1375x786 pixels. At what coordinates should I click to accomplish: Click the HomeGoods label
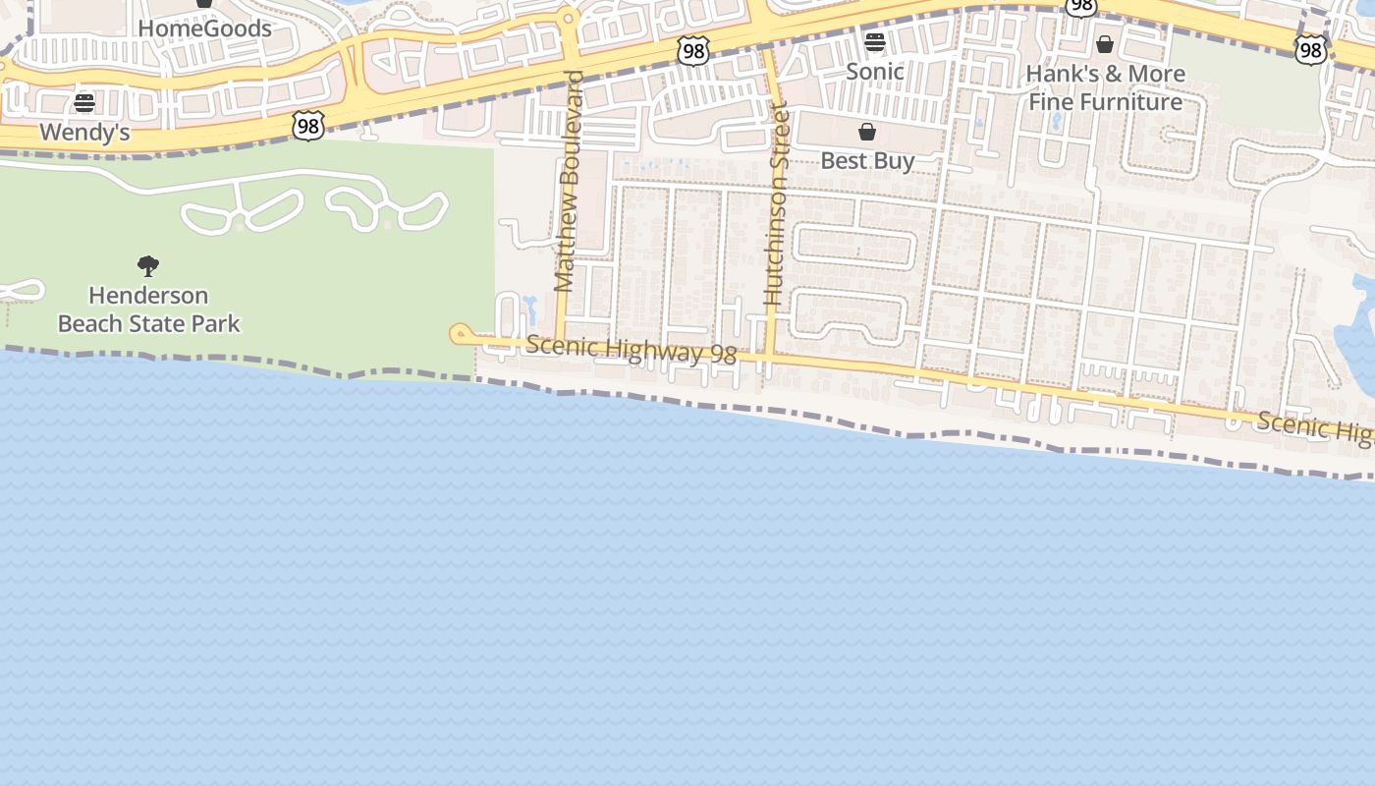[x=204, y=28]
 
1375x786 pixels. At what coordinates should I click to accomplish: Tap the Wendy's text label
[x=84, y=133]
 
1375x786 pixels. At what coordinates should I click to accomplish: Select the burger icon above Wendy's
[x=84, y=103]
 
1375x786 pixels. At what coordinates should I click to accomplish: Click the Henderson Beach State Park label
[x=148, y=309]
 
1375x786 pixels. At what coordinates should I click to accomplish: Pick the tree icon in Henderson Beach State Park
[x=148, y=265]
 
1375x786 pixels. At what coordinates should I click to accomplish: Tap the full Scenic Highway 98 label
[x=631, y=350]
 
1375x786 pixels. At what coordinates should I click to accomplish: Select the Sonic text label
[x=874, y=72]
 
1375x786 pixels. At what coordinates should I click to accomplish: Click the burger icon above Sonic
[x=874, y=42]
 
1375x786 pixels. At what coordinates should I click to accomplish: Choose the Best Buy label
[x=867, y=160]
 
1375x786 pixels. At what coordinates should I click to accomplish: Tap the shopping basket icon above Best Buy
[x=867, y=132]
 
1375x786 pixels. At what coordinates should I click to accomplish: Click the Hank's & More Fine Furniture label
[x=1105, y=87]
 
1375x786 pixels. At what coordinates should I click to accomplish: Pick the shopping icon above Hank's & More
[x=1105, y=44]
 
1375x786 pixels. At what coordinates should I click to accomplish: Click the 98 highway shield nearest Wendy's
[x=308, y=125]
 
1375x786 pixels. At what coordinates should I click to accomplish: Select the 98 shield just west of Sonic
[x=693, y=51]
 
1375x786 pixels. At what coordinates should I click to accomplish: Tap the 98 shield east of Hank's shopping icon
[x=1310, y=49]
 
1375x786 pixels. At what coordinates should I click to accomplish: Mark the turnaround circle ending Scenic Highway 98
[x=459, y=334]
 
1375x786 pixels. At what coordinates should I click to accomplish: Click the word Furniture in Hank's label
[x=1134, y=101]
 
